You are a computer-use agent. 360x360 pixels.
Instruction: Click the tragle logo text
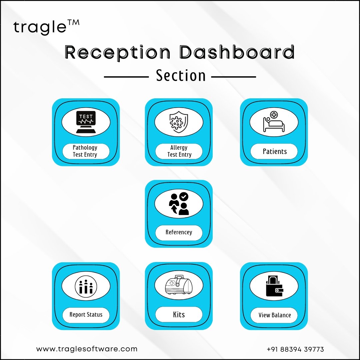click(x=46, y=27)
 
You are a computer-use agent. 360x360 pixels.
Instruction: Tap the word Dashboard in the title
click(x=237, y=52)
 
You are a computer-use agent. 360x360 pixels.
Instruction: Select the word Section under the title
click(x=181, y=76)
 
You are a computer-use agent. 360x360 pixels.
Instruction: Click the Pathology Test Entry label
click(x=85, y=151)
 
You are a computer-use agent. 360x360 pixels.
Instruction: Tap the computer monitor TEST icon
click(x=86, y=122)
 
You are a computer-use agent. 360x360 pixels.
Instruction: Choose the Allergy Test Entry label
click(x=179, y=151)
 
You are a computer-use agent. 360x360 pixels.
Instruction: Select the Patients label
click(x=275, y=151)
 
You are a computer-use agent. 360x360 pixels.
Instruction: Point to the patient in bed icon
click(x=274, y=122)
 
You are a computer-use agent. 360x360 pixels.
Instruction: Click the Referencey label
click(x=179, y=232)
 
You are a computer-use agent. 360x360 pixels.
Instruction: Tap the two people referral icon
click(x=179, y=204)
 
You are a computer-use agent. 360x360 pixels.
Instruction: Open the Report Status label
click(x=86, y=315)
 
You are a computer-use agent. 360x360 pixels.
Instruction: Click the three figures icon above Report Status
click(x=86, y=286)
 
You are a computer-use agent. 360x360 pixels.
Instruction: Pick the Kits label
click(x=179, y=314)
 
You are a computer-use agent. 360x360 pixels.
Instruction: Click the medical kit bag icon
click(x=179, y=285)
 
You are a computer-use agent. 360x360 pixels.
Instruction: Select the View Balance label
click(x=275, y=315)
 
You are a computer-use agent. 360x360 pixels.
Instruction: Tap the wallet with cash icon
click(x=274, y=286)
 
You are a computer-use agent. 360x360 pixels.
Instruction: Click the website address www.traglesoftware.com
click(x=87, y=349)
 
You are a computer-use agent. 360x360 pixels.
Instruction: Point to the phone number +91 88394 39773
click(x=295, y=349)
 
